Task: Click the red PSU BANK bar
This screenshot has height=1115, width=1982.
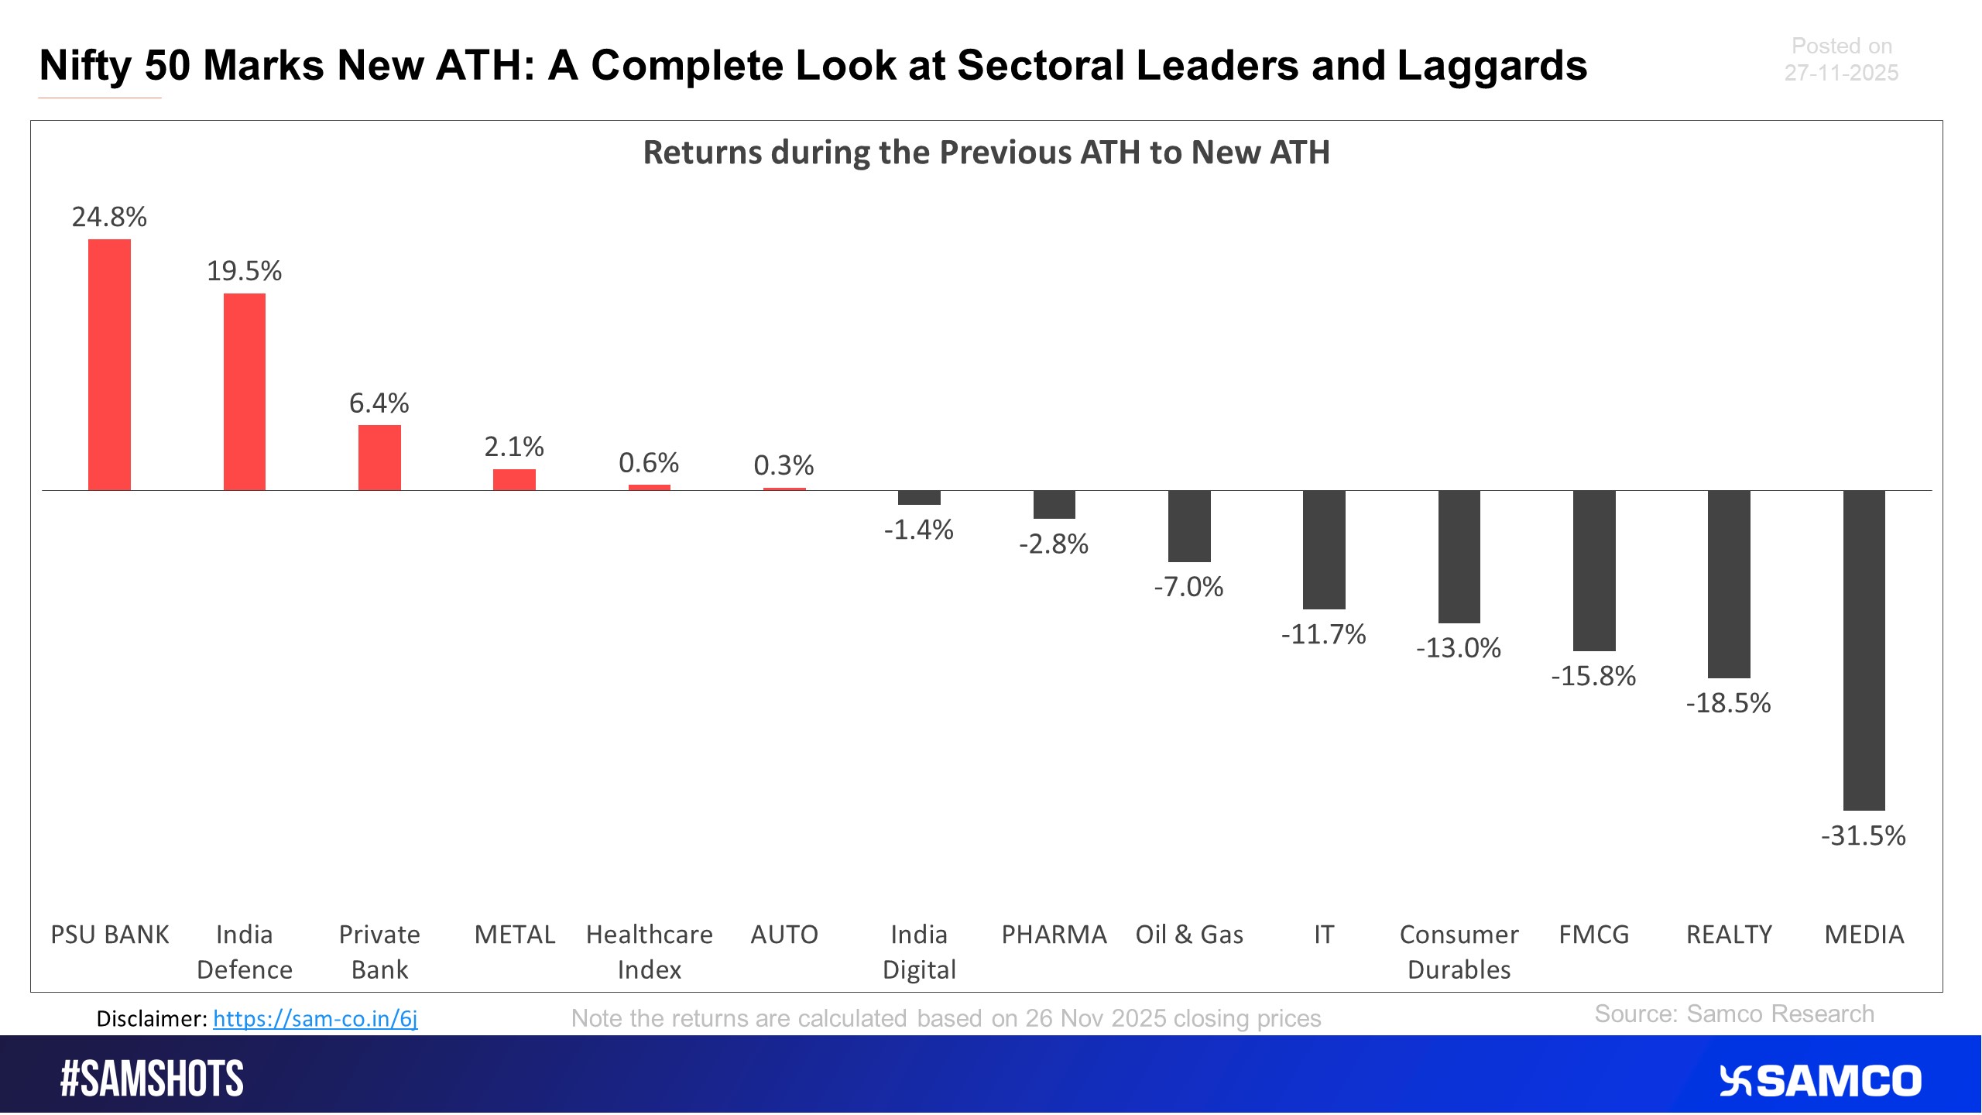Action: click(109, 365)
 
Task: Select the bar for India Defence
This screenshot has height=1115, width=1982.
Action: click(245, 392)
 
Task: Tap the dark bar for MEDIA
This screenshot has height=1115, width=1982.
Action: click(1864, 650)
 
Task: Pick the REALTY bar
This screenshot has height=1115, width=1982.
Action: click(1729, 585)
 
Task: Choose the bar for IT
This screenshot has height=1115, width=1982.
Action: click(1324, 550)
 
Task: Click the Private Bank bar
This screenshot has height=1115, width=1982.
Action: click(379, 458)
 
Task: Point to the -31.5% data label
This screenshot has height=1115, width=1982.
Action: click(1863, 836)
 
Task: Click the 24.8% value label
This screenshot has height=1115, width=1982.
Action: click(109, 217)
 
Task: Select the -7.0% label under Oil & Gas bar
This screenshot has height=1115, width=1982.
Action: click(1188, 587)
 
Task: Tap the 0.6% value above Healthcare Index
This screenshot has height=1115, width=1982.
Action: click(649, 463)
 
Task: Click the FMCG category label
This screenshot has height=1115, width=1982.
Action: click(1593, 935)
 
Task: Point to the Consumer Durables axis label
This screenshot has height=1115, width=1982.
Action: click(1459, 952)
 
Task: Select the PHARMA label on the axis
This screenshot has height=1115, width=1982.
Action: click(1054, 935)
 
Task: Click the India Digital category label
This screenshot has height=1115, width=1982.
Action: click(919, 952)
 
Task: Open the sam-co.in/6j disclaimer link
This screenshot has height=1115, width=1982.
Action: click(315, 1018)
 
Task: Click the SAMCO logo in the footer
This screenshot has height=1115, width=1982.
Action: click(1820, 1081)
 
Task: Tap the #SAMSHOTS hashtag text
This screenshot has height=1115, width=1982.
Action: click(152, 1079)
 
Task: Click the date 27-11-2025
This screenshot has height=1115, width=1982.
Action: click(1841, 73)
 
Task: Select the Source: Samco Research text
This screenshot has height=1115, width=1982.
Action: click(1734, 1014)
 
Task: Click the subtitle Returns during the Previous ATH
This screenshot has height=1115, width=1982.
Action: click(986, 153)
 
